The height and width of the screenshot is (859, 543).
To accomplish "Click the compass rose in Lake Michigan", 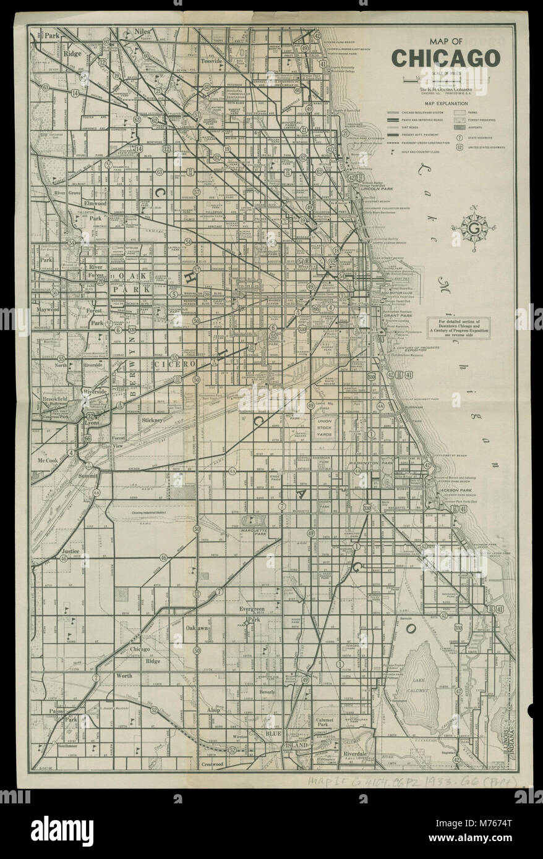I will [474, 228].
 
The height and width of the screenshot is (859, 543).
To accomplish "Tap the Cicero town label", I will [177, 365].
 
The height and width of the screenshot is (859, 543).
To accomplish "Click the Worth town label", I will [123, 677].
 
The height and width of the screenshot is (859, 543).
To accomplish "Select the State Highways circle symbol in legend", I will [460, 136].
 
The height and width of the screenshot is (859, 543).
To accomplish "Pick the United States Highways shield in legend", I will [460, 147].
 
